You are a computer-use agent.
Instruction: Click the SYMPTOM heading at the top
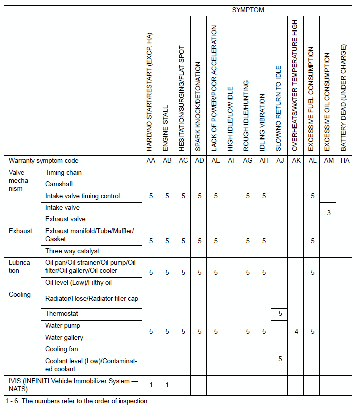coord(248,10)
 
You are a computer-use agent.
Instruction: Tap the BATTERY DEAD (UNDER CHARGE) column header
coord(343,98)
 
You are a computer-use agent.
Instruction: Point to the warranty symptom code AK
coord(296,161)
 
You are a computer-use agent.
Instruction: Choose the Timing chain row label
coord(63,173)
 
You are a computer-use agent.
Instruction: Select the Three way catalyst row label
coord(72,251)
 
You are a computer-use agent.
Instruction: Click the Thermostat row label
coord(62,314)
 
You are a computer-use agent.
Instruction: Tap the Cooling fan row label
coord(61,349)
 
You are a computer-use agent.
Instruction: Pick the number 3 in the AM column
coord(329,213)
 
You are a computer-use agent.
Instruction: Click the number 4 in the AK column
coord(296,331)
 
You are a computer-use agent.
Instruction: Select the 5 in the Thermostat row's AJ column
coord(280,314)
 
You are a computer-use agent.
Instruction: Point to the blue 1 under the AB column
coord(167,384)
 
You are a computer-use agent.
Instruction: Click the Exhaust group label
coord(20,231)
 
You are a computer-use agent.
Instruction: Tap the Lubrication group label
coord(20,266)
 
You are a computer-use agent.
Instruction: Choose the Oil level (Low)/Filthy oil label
coord(78,283)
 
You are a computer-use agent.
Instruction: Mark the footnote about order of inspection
coord(77,401)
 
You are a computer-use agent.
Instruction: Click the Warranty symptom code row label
coord(44,161)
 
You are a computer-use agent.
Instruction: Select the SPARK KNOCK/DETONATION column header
coord(199,106)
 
